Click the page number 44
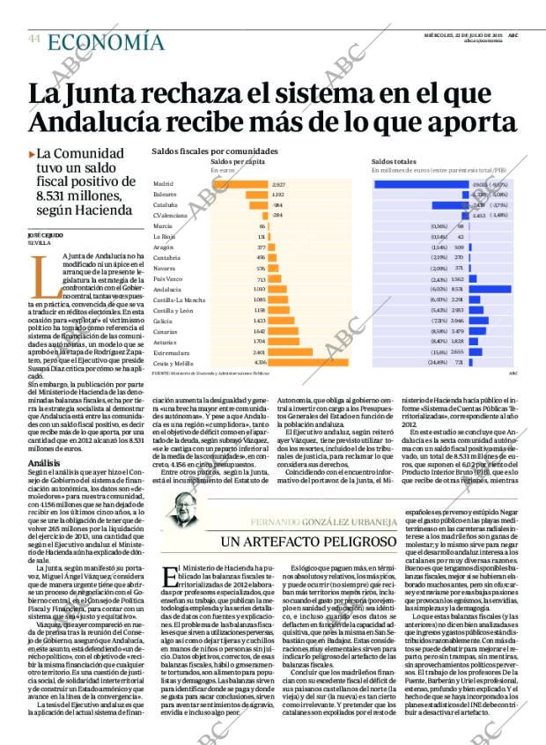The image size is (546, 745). [34, 38]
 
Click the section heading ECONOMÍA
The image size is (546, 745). [105, 42]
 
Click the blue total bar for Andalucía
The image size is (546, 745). [489, 288]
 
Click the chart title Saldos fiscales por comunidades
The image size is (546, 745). [215, 151]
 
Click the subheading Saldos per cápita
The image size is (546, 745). [239, 162]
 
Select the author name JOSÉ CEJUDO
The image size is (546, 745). [43, 235]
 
